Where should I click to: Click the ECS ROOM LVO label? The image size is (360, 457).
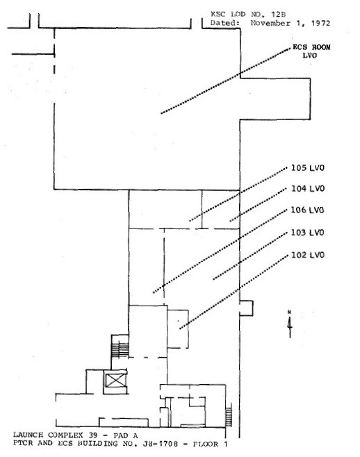tap(311, 51)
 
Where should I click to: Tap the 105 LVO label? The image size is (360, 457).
tap(308, 168)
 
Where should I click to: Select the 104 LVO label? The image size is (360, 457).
tap(308, 189)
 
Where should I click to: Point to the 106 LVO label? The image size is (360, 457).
tap(307, 210)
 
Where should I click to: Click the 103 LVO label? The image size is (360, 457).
tap(308, 233)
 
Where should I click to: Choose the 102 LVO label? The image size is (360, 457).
tap(308, 255)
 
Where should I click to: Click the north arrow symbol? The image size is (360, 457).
tap(289, 324)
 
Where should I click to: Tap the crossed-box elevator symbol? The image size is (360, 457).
tap(116, 381)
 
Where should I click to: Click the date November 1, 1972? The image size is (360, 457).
tap(291, 23)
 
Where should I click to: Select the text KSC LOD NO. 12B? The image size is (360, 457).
tap(248, 14)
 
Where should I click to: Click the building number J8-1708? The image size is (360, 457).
tap(160, 444)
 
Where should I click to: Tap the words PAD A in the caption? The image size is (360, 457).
tap(126, 435)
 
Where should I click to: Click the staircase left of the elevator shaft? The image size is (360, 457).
tap(120, 349)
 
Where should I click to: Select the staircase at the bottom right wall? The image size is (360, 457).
tap(229, 417)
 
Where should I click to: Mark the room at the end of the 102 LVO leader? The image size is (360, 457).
tap(178, 329)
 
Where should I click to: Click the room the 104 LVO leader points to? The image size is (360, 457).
tap(220, 210)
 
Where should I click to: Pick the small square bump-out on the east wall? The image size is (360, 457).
tap(246, 308)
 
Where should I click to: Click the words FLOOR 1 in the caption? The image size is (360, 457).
tap(210, 444)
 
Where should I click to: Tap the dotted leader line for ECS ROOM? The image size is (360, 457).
tap(226, 81)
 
